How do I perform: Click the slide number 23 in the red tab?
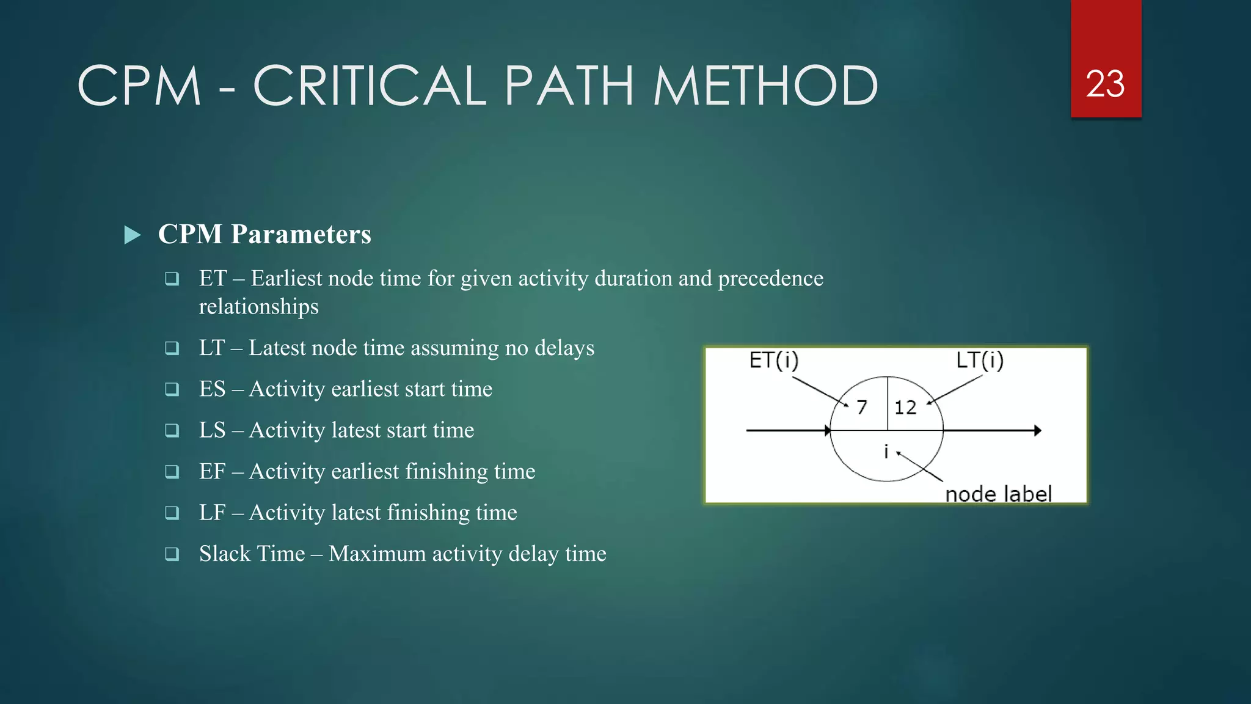coord(1105,84)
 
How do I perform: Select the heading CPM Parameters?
coord(264,234)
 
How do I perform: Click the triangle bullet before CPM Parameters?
coord(132,235)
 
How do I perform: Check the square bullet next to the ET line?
coord(172,279)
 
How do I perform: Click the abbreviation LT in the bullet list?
coord(212,348)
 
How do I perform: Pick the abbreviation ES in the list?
coord(212,389)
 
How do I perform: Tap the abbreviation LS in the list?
coord(212,430)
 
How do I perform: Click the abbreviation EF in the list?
coord(212,471)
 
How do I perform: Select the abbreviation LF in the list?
coord(212,512)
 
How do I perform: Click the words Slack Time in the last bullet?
coord(252,554)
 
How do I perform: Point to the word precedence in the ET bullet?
coord(770,279)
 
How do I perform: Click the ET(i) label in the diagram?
coord(773,361)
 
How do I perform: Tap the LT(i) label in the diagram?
coord(979,361)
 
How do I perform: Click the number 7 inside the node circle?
coord(862,407)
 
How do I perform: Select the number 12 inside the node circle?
coord(905,408)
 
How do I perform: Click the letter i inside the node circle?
coord(886,452)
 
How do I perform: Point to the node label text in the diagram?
coord(998,494)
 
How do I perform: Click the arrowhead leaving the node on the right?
coord(1037,431)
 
